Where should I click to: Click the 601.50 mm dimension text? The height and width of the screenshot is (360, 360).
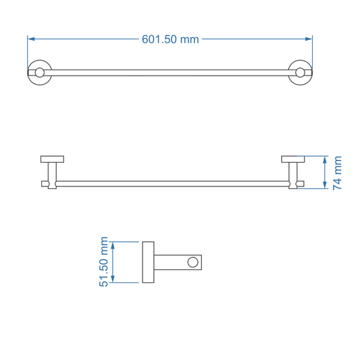pos(170,39)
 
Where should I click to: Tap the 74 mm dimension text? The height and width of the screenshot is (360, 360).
pos(338,173)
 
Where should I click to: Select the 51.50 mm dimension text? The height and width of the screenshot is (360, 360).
pos(105,261)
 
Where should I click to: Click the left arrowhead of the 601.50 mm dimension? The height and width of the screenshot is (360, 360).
pos(31,39)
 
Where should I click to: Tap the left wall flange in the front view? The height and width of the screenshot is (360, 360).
pos(53,159)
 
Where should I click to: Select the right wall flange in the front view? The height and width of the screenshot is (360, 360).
pos(292,159)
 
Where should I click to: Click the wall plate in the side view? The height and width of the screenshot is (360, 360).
pos(148,261)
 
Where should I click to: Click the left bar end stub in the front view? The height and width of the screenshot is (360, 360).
pos(45,184)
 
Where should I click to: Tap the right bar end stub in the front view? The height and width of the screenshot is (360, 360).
pos(300,184)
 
